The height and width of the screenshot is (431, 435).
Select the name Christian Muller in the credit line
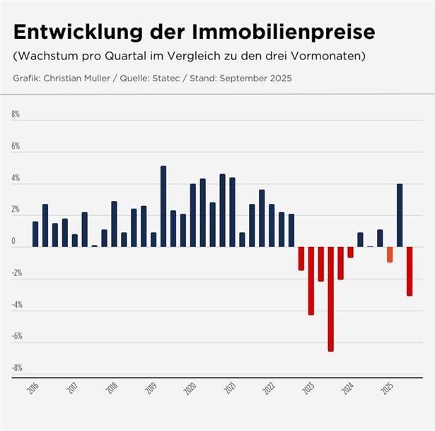coord(82,78)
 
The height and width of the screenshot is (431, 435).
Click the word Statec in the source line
coord(191,78)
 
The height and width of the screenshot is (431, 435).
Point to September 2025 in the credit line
coord(257,78)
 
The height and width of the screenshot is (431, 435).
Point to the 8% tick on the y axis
coord(16,115)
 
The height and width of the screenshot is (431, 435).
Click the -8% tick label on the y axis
coord(17,368)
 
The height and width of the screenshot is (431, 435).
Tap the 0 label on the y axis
coord(13,241)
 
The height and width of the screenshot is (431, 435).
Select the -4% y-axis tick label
coord(17,305)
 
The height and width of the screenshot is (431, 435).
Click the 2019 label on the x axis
coord(151,389)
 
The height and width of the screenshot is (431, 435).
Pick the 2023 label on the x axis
coord(308,389)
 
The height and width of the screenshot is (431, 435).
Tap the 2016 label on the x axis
coord(33,389)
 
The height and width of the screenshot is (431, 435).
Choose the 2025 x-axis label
coord(387,389)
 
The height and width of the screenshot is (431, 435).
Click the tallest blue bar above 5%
coord(163,206)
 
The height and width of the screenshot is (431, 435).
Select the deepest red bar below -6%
coord(330,299)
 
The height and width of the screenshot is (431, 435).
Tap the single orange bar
coord(390,254)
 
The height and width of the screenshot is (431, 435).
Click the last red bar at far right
coord(410,271)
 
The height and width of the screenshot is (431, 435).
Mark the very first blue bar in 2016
coord(35,234)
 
